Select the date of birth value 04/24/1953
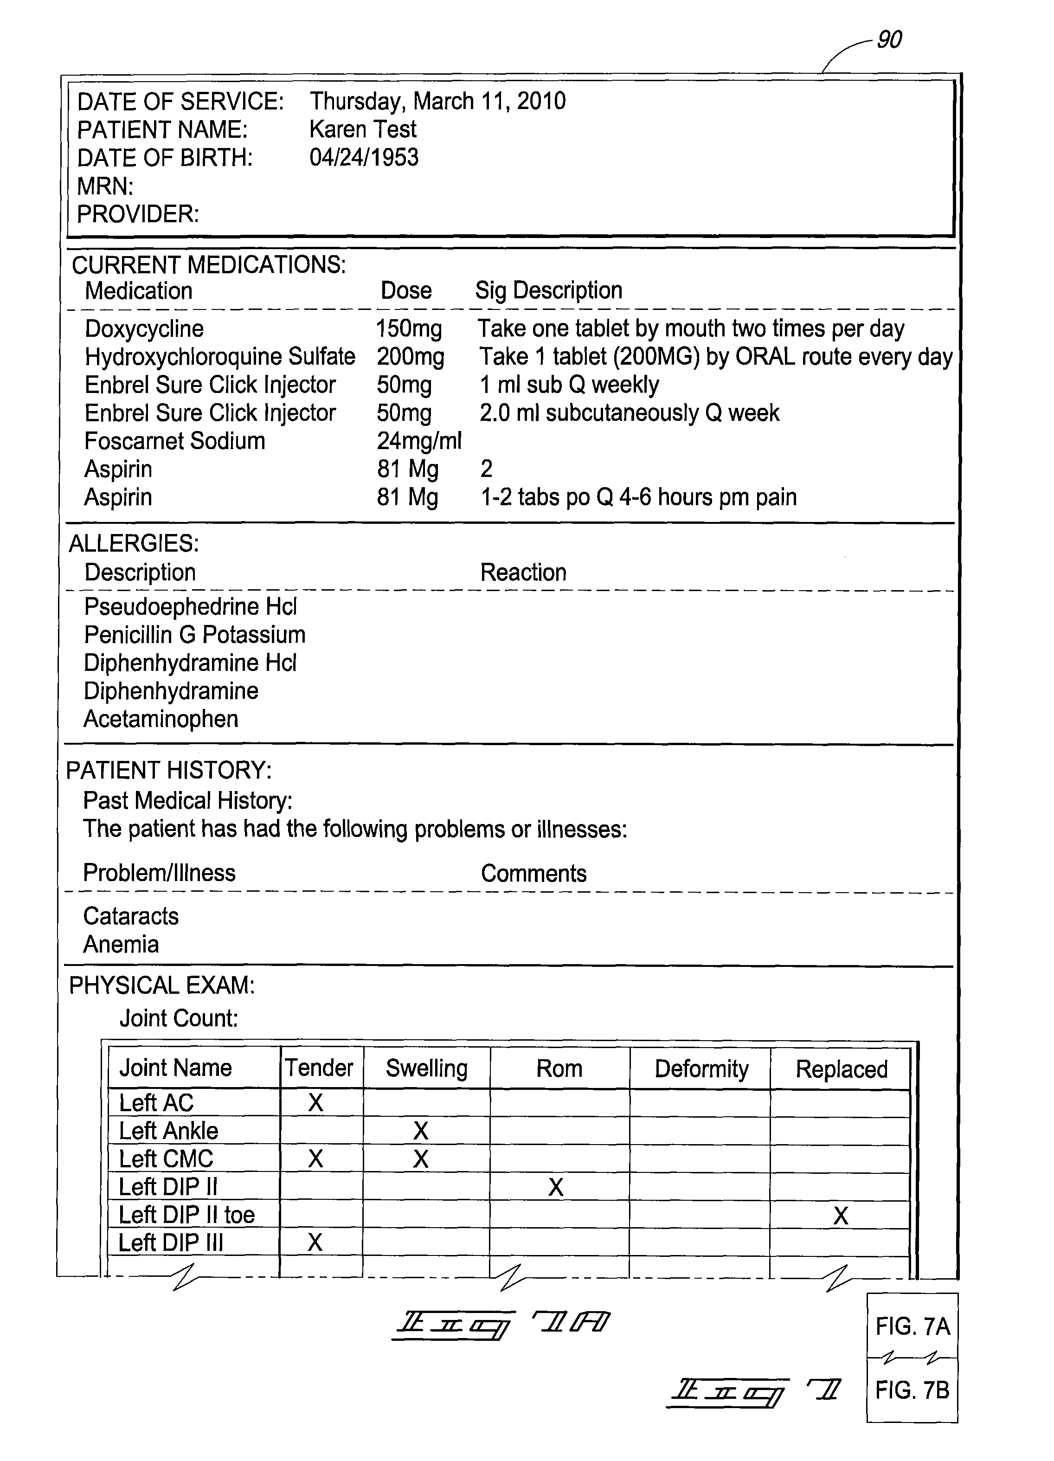(x=364, y=158)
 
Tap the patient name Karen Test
(x=363, y=129)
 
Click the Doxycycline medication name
(x=144, y=329)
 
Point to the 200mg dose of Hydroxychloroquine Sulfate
(x=411, y=357)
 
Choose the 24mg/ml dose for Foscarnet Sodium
(x=419, y=441)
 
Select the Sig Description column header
(x=548, y=290)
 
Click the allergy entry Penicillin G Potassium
(x=194, y=635)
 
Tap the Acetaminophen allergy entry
(x=161, y=719)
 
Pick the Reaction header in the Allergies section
(x=523, y=573)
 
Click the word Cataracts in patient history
(x=131, y=916)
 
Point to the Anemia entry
(x=121, y=944)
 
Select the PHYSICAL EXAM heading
(x=162, y=985)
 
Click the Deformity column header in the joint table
(x=701, y=1068)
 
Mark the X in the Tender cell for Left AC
(x=315, y=1103)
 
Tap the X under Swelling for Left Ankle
(x=421, y=1131)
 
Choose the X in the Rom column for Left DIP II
(x=556, y=1187)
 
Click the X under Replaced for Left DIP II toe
(x=841, y=1216)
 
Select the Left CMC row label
(x=166, y=1159)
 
